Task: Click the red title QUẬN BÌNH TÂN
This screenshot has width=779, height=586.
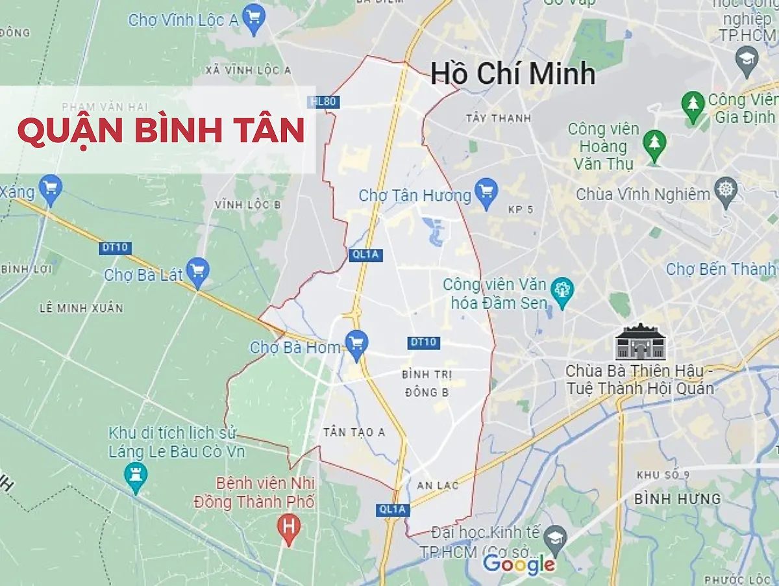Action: (x=160, y=130)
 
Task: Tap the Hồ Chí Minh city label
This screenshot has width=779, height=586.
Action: (x=513, y=73)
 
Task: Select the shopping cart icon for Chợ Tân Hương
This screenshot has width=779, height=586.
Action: (x=486, y=191)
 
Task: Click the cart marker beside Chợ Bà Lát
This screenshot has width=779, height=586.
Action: (x=197, y=269)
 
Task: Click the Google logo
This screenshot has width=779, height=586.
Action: (x=519, y=565)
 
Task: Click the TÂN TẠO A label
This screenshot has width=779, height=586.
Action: (x=354, y=433)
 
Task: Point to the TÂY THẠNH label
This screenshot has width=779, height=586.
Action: (x=498, y=118)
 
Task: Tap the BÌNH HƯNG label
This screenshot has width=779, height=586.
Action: (x=677, y=499)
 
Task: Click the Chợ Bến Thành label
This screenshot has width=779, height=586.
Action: (x=721, y=269)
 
